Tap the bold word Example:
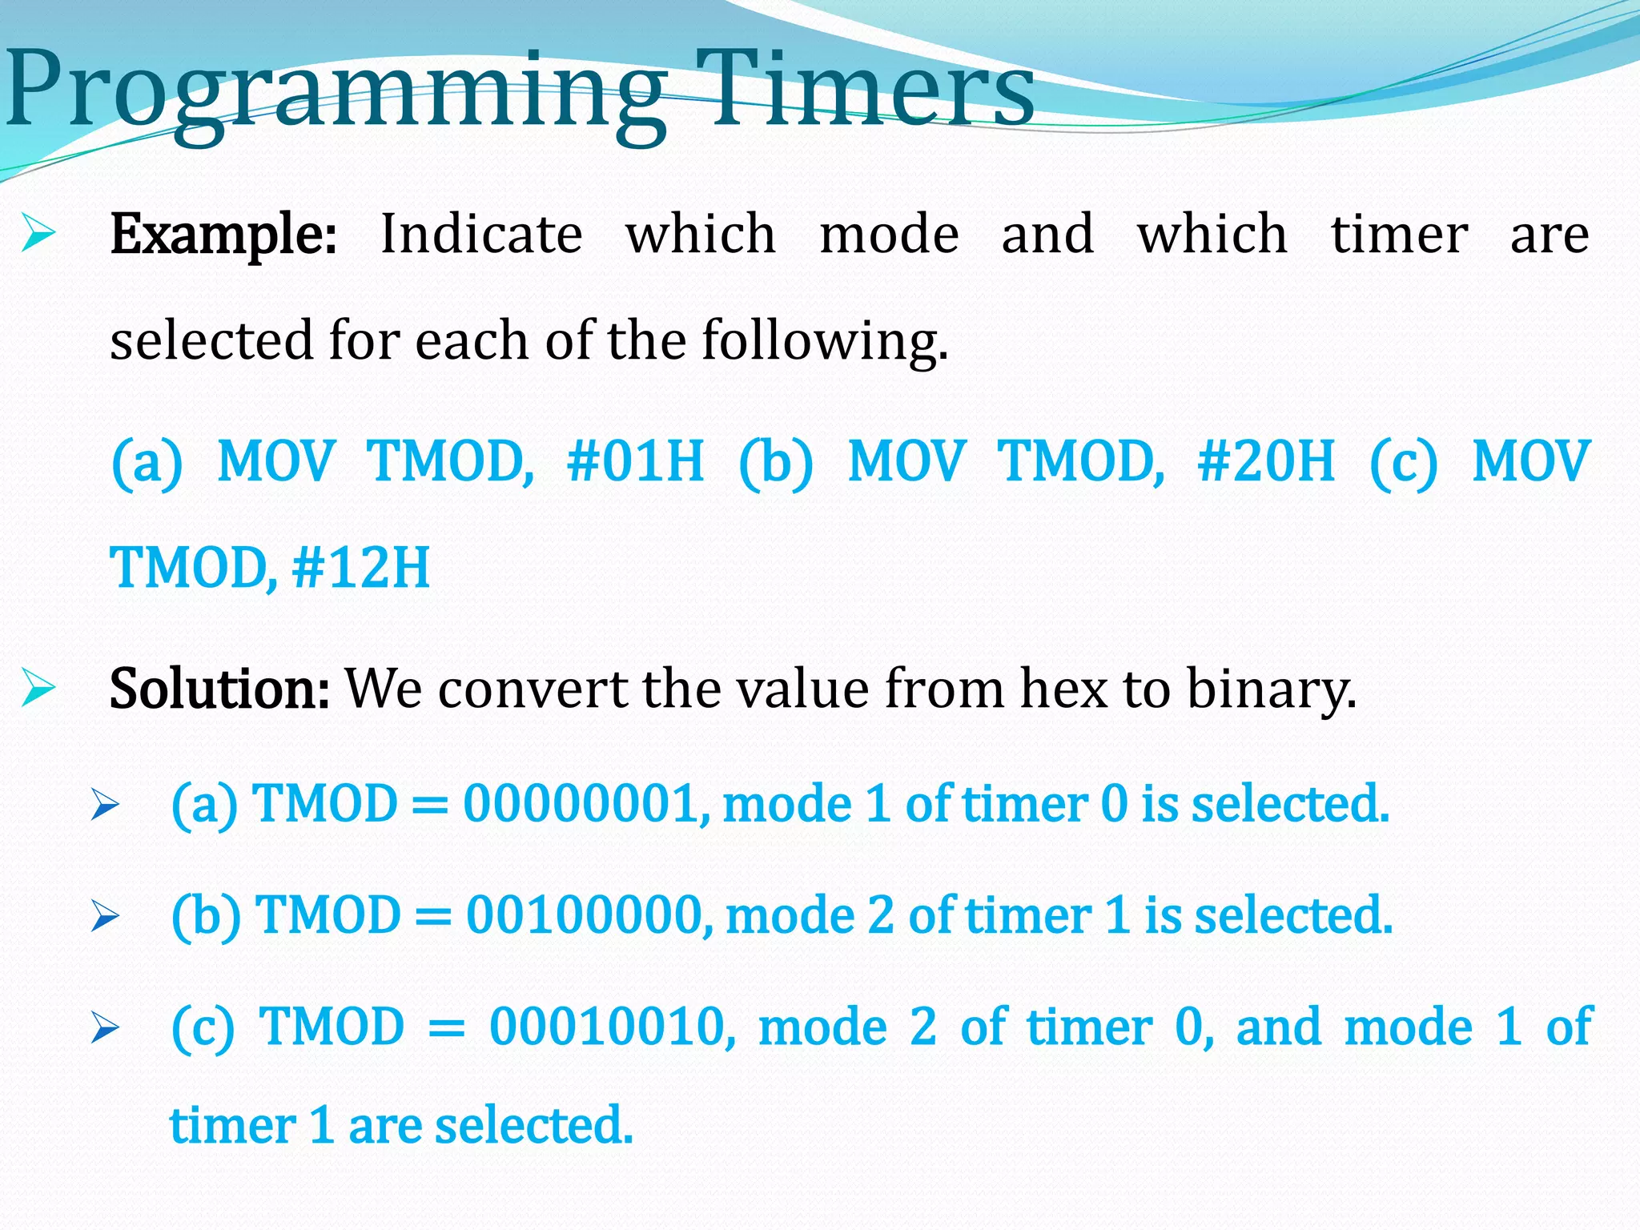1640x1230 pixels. (223, 235)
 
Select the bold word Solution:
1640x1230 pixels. (219, 689)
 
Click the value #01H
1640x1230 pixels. (635, 462)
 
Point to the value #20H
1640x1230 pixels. (1266, 462)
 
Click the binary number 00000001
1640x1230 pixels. (585, 803)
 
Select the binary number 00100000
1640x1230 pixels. (589, 914)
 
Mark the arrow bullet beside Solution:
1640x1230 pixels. (38, 688)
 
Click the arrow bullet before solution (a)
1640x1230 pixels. (105, 805)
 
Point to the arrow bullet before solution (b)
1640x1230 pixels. (105, 916)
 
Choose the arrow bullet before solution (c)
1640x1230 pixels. (105, 1027)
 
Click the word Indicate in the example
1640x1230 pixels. (481, 235)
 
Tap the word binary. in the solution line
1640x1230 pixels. (1271, 689)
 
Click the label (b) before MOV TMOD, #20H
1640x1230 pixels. (775, 463)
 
